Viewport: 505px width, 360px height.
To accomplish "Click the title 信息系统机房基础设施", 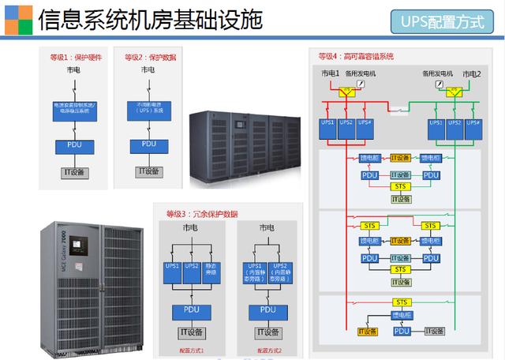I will coord(150,20).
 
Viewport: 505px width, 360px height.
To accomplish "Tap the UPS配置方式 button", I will coord(448,21).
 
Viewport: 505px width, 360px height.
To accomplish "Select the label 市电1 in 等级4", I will coord(330,73).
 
